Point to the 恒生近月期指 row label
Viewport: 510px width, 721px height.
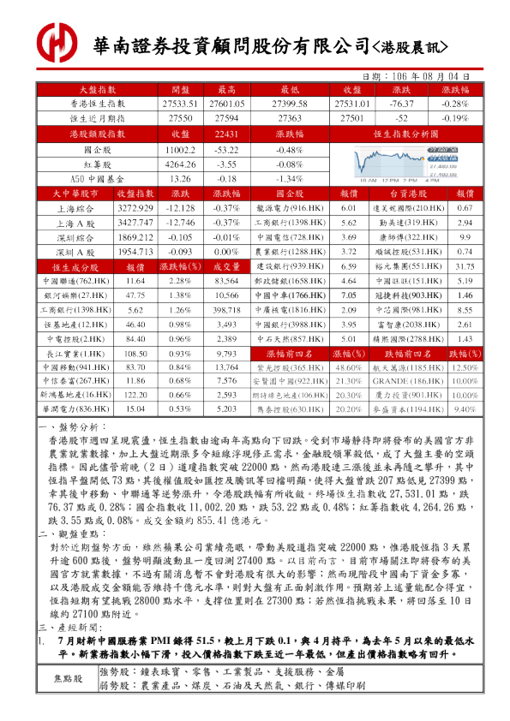click(97, 117)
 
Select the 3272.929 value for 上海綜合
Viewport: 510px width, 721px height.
click(135, 208)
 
